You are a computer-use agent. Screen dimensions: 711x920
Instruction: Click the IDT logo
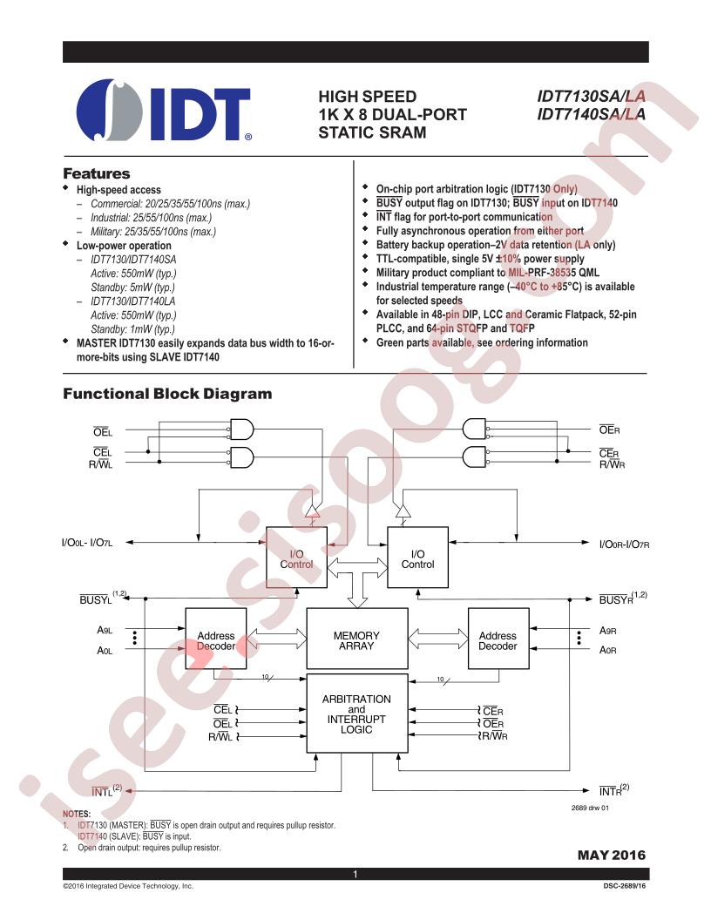pyautogui.click(x=165, y=110)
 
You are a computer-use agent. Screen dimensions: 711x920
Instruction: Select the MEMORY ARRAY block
pyautogui.click(x=356, y=639)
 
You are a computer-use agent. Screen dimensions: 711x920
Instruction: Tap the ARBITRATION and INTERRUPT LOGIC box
pyautogui.click(x=356, y=714)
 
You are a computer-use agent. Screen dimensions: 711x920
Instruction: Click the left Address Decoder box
pyautogui.click(x=216, y=639)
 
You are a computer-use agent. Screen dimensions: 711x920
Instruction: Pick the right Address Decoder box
pyautogui.click(x=498, y=639)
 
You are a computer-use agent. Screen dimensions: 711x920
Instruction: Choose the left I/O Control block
pyautogui.click(x=297, y=558)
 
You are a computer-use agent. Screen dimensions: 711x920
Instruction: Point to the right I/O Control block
pyautogui.click(x=417, y=558)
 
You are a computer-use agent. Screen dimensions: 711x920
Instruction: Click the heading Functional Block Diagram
pyautogui.click(x=168, y=394)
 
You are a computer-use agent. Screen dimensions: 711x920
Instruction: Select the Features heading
pyautogui.click(x=97, y=173)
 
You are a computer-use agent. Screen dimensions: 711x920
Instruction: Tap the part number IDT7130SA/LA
pyautogui.click(x=592, y=96)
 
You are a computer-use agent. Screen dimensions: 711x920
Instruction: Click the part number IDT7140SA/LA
pyautogui.click(x=592, y=114)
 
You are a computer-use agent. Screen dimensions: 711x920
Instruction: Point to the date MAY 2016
pyautogui.click(x=612, y=856)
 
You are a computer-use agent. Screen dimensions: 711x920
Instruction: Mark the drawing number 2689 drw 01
pyautogui.click(x=590, y=808)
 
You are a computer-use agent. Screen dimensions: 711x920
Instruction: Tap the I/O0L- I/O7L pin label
pyautogui.click(x=87, y=544)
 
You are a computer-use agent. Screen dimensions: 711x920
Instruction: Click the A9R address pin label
pyautogui.click(x=608, y=631)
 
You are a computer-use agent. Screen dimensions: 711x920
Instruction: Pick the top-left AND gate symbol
pyautogui.click(x=241, y=430)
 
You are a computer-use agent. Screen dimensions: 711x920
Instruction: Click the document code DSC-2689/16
pyautogui.click(x=624, y=886)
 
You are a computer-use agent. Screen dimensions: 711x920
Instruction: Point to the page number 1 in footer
pyautogui.click(x=355, y=874)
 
